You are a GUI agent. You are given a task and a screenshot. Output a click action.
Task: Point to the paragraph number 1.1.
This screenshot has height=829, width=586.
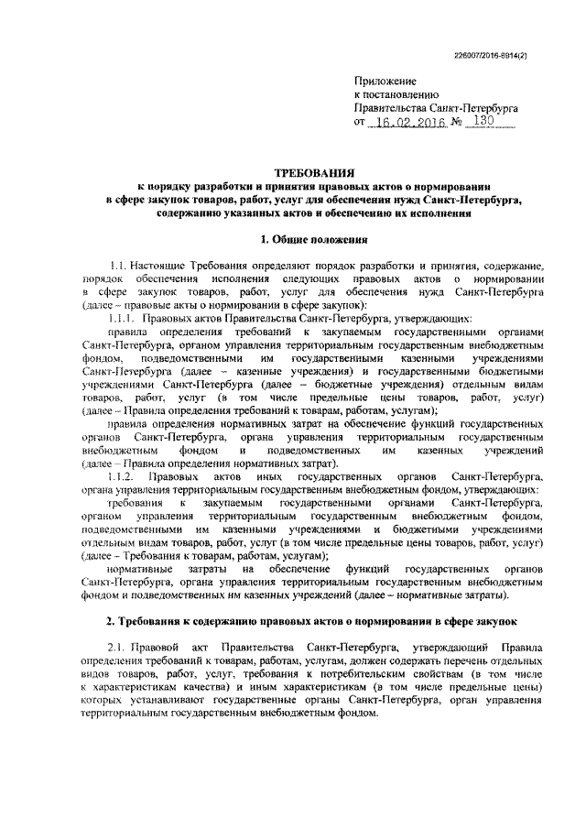click(x=116, y=265)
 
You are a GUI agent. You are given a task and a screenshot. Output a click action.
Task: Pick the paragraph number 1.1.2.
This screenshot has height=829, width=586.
click(x=121, y=477)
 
